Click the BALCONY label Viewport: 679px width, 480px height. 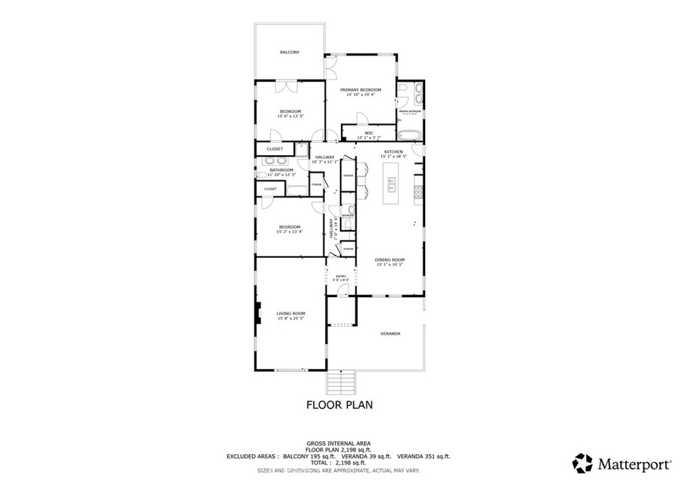[289, 52]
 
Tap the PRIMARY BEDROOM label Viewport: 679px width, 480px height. [360, 90]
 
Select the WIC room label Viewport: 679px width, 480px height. [369, 133]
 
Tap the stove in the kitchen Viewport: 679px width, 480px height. [419, 192]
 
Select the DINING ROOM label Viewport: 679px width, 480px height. [390, 260]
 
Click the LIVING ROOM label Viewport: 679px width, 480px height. [290, 313]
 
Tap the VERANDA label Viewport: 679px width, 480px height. [390, 333]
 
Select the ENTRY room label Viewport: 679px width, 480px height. [341, 276]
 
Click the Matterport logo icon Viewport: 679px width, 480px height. [583, 462]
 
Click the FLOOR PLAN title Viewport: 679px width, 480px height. [339, 404]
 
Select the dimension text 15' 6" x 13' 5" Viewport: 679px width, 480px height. [290, 116]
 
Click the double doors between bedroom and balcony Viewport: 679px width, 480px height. [287, 86]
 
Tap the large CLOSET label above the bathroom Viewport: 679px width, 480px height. [275, 149]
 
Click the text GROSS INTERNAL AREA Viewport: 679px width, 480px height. [338, 443]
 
